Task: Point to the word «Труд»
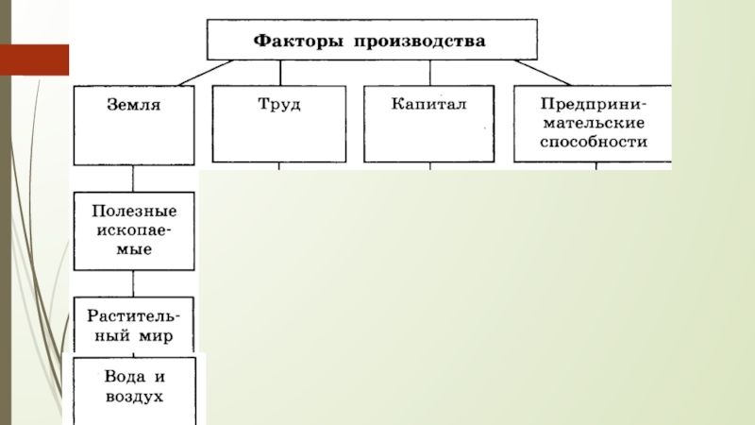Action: (x=280, y=103)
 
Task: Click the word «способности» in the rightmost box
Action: (x=595, y=143)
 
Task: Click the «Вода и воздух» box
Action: (x=134, y=388)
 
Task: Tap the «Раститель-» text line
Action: (x=134, y=314)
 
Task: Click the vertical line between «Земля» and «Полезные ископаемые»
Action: (x=133, y=178)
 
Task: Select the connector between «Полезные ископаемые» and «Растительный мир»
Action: (x=133, y=282)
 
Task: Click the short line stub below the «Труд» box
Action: (x=279, y=166)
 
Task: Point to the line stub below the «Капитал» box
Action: (x=430, y=166)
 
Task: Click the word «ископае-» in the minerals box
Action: (x=134, y=230)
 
